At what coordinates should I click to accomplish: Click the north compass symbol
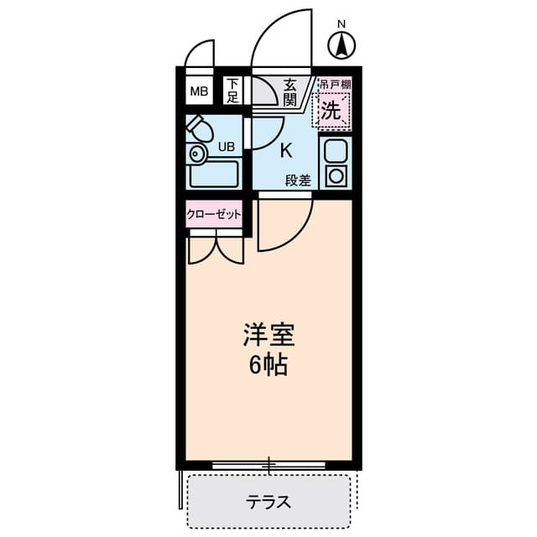tap(341, 44)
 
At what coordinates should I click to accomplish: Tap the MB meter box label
tap(198, 91)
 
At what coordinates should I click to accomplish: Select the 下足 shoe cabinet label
tap(232, 91)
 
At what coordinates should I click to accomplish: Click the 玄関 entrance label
tap(290, 91)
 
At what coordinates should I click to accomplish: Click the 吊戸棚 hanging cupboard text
tap(334, 85)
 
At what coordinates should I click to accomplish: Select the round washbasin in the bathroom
tap(197, 154)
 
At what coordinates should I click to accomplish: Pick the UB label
tap(227, 147)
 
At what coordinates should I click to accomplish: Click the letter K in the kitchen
tap(285, 151)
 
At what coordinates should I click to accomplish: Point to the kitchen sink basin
tap(335, 152)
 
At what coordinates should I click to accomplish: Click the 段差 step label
tap(297, 180)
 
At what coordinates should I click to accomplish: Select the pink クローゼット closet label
tap(213, 214)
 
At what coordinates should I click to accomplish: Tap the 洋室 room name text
tap(269, 336)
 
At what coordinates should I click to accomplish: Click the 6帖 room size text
tap(269, 366)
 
